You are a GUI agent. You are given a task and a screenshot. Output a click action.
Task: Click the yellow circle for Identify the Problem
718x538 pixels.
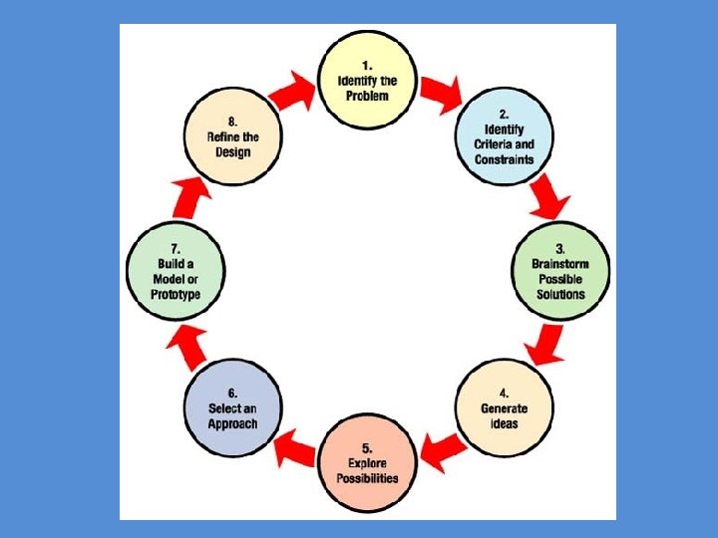(x=366, y=79)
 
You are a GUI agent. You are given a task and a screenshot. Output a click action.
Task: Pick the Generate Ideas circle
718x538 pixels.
(x=504, y=408)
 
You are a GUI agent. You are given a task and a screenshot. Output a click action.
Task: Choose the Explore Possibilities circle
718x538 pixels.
(x=366, y=464)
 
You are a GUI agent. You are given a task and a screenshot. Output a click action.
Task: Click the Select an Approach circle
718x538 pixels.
(x=232, y=408)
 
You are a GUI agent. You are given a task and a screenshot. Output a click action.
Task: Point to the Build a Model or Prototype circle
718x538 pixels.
(x=176, y=272)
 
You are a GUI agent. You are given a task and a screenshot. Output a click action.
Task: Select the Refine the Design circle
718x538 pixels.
(x=232, y=137)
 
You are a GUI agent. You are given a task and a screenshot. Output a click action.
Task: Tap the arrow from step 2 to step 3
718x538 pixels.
(x=548, y=198)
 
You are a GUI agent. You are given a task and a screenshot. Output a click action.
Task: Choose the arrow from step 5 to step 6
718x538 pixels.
(x=294, y=447)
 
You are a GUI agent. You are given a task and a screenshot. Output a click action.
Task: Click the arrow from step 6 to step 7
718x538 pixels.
(x=188, y=344)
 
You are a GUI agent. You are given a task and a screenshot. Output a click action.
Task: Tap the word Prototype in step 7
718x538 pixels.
(x=176, y=295)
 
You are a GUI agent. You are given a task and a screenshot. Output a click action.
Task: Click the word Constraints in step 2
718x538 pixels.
(x=504, y=159)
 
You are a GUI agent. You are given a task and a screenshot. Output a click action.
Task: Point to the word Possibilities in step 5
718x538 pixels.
(x=366, y=478)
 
